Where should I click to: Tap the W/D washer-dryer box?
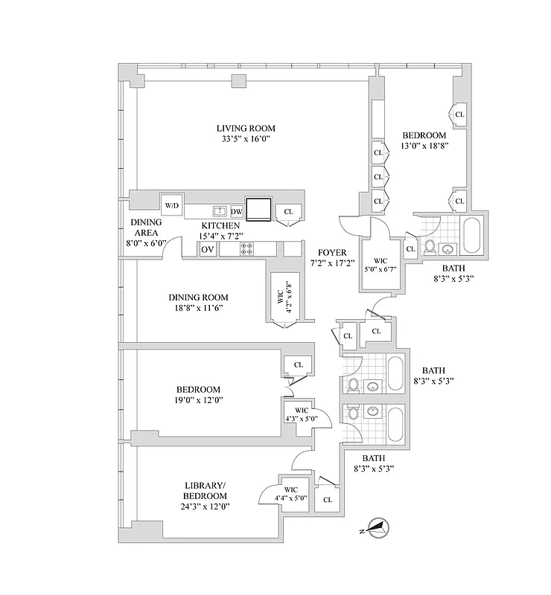172,205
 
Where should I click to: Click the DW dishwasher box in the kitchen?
236,211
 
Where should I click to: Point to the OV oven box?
208,249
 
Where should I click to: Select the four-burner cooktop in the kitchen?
246,249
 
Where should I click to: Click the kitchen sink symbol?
220,211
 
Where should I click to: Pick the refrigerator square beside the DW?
259,209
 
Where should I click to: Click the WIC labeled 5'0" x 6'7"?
381,265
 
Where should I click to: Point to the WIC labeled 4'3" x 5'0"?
302,414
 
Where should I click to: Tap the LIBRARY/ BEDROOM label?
205,491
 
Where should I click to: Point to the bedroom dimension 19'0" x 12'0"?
198,400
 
